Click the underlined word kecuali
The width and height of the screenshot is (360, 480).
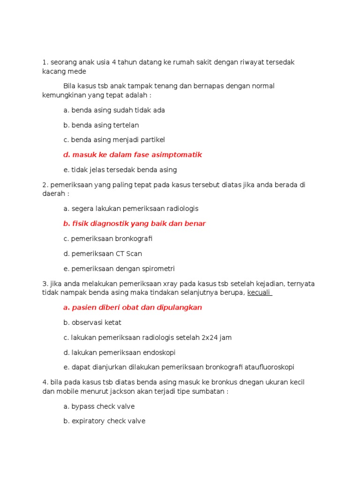click(259, 292)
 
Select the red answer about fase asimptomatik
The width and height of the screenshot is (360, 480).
click(133, 155)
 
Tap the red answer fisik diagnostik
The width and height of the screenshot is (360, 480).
click(135, 224)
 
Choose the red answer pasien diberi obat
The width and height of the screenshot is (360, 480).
click(133, 307)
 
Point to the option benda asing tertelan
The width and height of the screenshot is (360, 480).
click(101, 125)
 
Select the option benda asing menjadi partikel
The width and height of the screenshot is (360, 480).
click(114, 140)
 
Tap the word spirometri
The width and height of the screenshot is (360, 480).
click(158, 269)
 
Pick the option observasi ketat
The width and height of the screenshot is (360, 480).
click(92, 322)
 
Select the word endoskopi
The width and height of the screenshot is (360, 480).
click(160, 352)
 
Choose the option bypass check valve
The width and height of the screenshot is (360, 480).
click(99, 406)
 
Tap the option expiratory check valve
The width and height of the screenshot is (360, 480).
click(104, 421)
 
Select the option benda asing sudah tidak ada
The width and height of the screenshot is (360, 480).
click(114, 110)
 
